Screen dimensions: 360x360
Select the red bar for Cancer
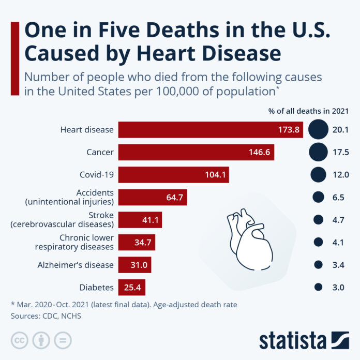(x=196, y=152)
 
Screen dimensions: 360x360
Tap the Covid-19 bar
(x=173, y=174)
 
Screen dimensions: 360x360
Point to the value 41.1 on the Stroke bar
(x=151, y=220)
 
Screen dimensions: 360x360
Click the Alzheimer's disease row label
(x=76, y=264)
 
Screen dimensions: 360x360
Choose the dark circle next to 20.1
(x=318, y=129)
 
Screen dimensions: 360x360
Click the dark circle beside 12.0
(x=318, y=174)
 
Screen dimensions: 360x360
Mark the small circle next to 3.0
(x=318, y=287)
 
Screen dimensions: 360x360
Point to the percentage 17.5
(x=341, y=152)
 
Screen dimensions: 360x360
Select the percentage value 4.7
(x=338, y=220)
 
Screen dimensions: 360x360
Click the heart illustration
(x=247, y=235)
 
